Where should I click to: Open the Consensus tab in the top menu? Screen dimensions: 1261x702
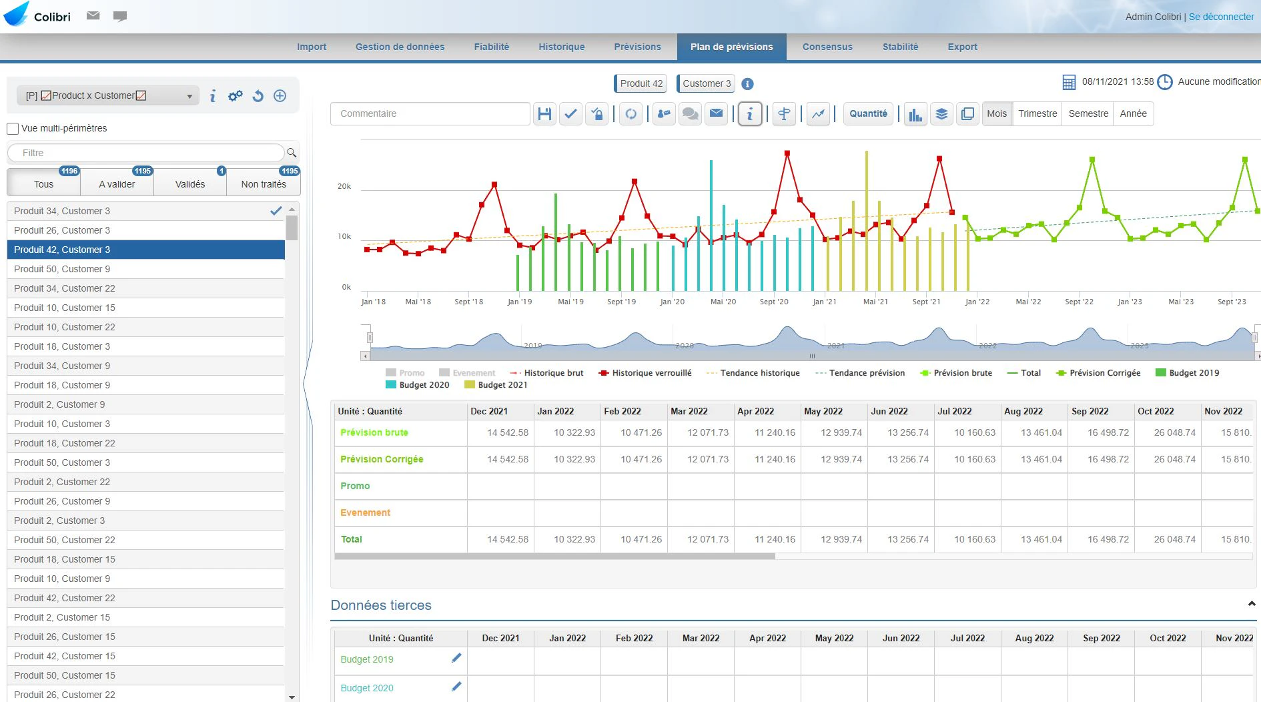point(827,47)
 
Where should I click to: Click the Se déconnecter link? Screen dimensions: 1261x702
point(1221,17)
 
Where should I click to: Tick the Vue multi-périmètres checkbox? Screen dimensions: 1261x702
point(13,129)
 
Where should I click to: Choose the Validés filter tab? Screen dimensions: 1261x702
point(190,184)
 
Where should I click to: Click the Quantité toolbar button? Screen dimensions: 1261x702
point(868,113)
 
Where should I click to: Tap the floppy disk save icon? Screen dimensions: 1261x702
point(544,114)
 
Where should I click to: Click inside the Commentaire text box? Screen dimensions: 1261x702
point(430,113)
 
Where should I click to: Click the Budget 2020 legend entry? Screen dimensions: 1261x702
point(418,385)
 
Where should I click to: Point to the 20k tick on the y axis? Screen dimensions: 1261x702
point(344,186)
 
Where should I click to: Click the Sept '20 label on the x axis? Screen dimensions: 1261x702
point(774,302)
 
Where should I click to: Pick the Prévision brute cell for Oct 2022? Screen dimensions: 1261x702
point(1168,432)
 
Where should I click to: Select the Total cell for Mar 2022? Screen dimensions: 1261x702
point(701,539)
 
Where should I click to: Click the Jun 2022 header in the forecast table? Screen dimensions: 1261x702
point(889,411)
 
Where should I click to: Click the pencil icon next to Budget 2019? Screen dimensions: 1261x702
point(456,658)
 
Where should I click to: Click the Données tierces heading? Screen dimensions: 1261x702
point(381,605)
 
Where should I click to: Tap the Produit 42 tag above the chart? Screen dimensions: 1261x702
point(641,83)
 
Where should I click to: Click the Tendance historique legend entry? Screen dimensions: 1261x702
point(753,373)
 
